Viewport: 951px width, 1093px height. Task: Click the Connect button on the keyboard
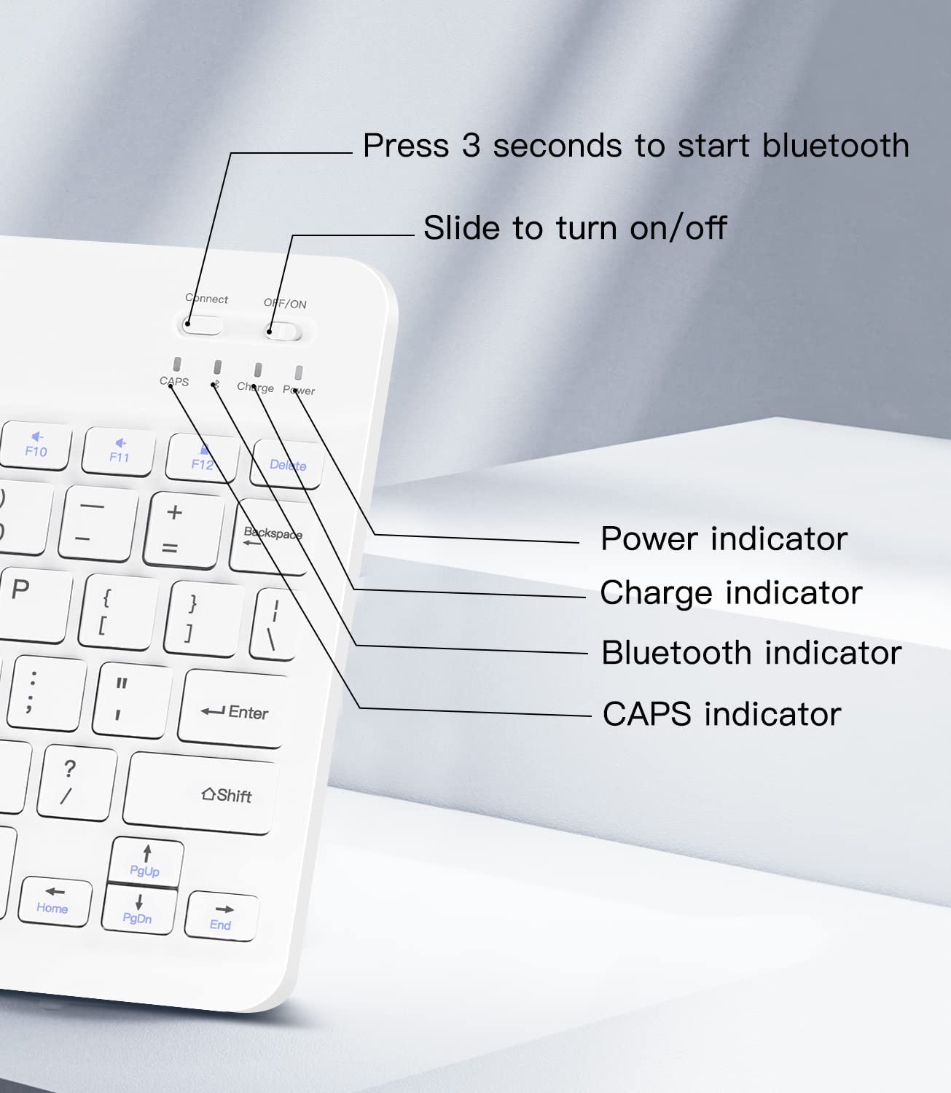(202, 325)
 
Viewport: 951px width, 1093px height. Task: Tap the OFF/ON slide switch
(283, 332)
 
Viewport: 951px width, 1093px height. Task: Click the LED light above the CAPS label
(177, 364)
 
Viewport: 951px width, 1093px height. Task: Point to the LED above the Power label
(299, 372)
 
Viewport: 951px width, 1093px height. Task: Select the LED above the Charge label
(258, 369)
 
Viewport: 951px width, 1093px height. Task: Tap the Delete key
(287, 463)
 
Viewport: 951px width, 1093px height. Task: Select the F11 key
(119, 452)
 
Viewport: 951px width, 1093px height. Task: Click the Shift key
(200, 793)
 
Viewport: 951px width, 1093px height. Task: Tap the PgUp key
(146, 861)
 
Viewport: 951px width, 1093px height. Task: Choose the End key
(222, 916)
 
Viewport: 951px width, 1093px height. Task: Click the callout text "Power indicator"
(724, 538)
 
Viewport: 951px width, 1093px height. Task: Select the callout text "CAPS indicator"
(721, 713)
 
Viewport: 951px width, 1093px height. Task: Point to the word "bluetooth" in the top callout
(836, 145)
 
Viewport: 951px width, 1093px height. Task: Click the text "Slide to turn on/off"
(575, 227)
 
